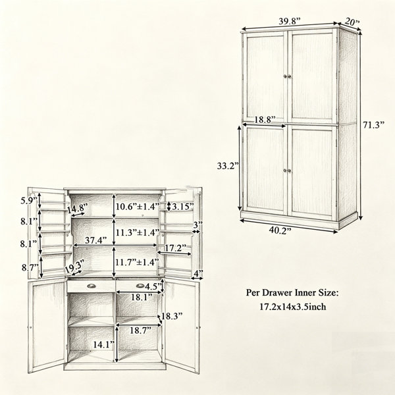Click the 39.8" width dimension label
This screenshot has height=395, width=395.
[290, 21]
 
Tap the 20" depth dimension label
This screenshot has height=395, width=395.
[352, 22]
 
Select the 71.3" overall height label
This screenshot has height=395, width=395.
[373, 124]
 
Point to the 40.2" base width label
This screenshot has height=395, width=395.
[280, 230]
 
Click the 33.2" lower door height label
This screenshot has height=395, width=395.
[228, 166]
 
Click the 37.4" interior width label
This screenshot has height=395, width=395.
[96, 240]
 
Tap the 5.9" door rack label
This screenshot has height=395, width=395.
[29, 201]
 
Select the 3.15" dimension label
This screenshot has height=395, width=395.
[183, 207]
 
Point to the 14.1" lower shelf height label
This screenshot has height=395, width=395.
[104, 344]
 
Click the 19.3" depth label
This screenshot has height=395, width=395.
[74, 267]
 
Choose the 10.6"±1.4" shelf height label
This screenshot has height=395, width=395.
[138, 207]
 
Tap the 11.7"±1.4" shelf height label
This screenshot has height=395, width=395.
[138, 262]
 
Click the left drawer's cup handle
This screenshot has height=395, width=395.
[92, 286]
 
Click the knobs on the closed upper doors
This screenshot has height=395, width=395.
[287, 76]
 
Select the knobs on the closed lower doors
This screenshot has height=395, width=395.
[287, 171]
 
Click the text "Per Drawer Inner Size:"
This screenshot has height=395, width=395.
[293, 292]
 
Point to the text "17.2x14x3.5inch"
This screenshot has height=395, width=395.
[293, 307]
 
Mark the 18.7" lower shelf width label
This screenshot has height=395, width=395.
[140, 330]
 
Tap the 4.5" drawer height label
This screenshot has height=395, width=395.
[153, 286]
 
